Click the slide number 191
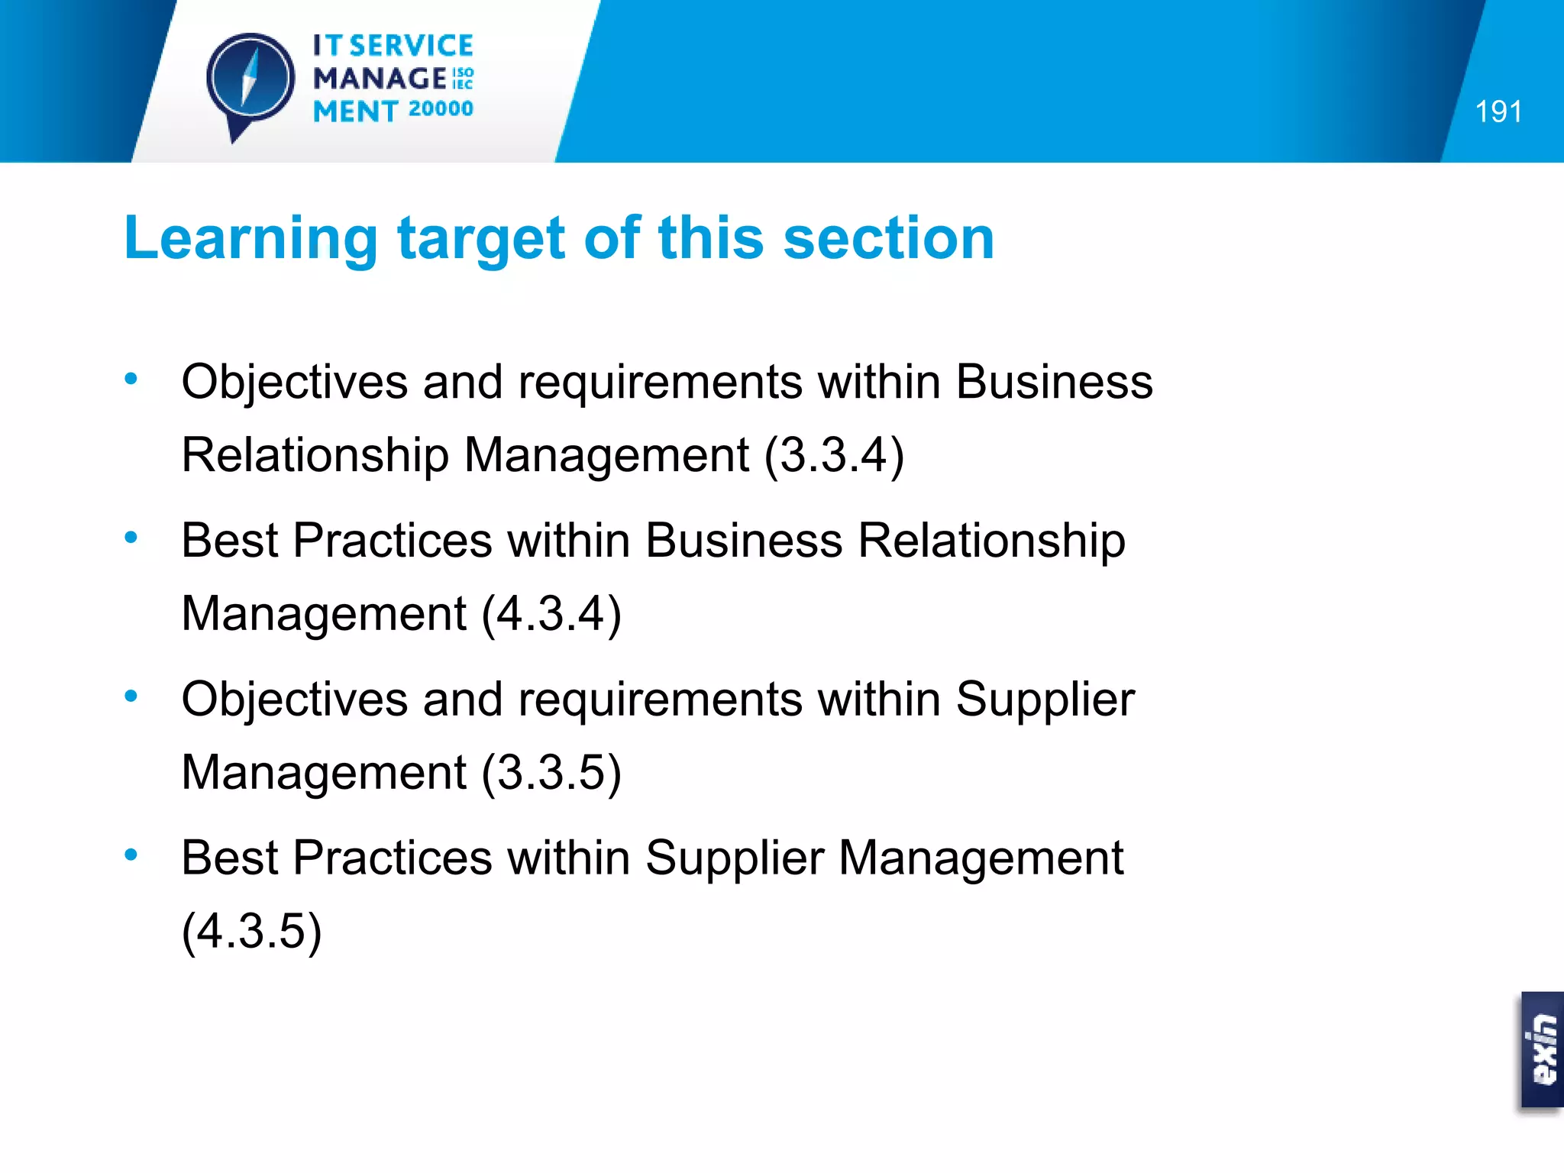coord(1498,112)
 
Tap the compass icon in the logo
coord(250,80)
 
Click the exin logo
coord(1542,1049)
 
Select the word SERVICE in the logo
coord(412,46)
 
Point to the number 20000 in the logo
coord(441,109)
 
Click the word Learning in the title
coord(250,238)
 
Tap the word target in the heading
coord(481,240)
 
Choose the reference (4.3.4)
coord(551,614)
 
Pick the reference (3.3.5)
coord(551,772)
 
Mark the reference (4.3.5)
coord(251,931)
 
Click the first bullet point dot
coord(131,378)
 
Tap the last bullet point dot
coord(131,855)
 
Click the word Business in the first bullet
coord(1054,381)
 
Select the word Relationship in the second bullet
coord(991,540)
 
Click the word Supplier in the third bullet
coord(1045,700)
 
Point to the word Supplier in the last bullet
coord(735,858)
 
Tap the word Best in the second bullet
coord(229,540)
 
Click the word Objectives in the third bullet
coord(294,700)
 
